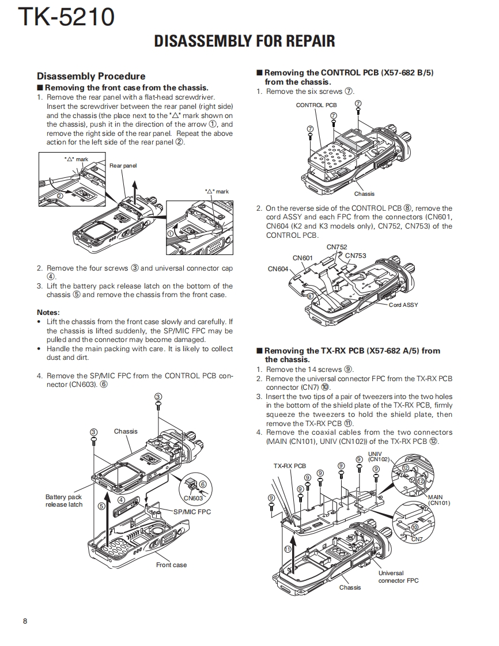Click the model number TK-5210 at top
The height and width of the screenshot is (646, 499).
coord(66,17)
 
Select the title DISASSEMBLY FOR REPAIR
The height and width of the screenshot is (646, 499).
coord(244,41)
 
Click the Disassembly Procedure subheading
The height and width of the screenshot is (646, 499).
coord(91,76)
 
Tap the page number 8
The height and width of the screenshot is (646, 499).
coord(25,621)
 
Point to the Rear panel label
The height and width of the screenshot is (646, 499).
coord(123,166)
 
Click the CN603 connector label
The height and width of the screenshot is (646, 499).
coord(193,498)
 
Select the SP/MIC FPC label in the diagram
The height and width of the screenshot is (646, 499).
coord(192,511)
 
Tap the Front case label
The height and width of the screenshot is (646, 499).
coord(171,565)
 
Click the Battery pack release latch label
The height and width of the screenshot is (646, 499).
coord(63,501)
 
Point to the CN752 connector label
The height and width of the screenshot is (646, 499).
coord(337,247)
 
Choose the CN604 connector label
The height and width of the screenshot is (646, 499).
coord(278,269)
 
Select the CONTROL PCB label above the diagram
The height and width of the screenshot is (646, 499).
coord(316,105)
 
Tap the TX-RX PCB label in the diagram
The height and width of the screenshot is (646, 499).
coord(289,466)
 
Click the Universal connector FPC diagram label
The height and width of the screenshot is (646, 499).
coord(398,577)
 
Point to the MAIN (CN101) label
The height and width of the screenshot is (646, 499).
coord(438,500)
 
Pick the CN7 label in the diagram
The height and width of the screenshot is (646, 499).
coord(417,539)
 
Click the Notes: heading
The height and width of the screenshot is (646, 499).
coord(48,313)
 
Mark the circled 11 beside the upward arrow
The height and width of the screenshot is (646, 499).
coord(287,549)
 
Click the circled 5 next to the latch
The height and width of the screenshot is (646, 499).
coord(101,506)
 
